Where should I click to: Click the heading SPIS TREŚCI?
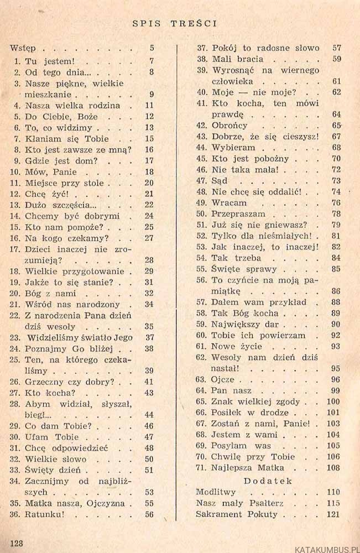(174, 23)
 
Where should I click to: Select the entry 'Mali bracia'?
(238, 59)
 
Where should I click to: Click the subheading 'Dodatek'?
(268, 481)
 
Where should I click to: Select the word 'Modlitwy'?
(216, 492)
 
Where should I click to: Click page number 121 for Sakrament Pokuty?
(333, 514)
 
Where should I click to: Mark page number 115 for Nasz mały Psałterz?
(333, 503)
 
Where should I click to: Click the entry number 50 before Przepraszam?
(201, 213)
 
